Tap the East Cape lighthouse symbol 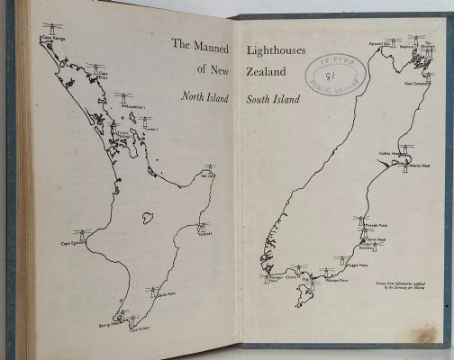click(x=209, y=168)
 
